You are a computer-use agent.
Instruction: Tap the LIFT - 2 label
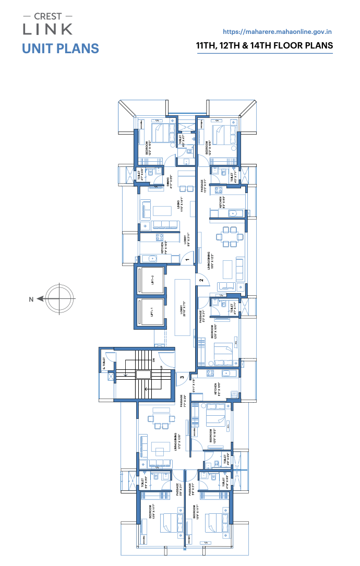(153, 281)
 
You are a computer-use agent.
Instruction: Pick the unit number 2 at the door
(201, 281)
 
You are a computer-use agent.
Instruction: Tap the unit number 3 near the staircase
(182, 377)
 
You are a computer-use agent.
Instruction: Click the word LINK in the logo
(47, 29)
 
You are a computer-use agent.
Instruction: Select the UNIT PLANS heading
(61, 49)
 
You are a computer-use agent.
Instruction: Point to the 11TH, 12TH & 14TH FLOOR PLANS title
(264, 46)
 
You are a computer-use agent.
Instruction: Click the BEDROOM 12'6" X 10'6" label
(214, 332)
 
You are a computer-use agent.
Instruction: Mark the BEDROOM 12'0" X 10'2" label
(213, 436)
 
